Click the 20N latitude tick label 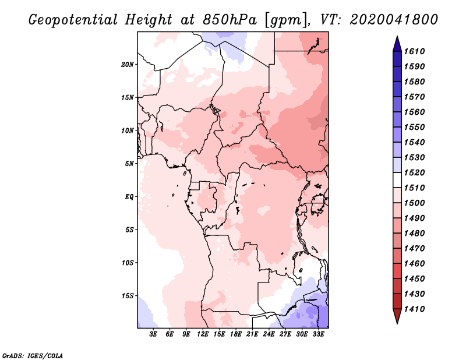click(128, 65)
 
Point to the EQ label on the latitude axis click(129, 197)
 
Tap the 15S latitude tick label click(128, 296)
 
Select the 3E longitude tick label click(153, 334)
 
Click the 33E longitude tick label click(318, 334)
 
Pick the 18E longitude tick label click(236, 334)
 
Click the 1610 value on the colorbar click(414, 51)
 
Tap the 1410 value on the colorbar click(414, 309)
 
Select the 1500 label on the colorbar click(414, 203)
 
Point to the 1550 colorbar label click(414, 127)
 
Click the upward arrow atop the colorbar click(397, 44)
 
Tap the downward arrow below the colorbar click(397, 316)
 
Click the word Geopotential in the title click(73, 20)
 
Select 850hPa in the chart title click(230, 20)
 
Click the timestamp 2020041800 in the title click(394, 20)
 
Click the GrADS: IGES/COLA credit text click(33, 355)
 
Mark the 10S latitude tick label click(128, 263)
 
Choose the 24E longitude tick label click(269, 334)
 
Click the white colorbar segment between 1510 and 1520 click(397, 180)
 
